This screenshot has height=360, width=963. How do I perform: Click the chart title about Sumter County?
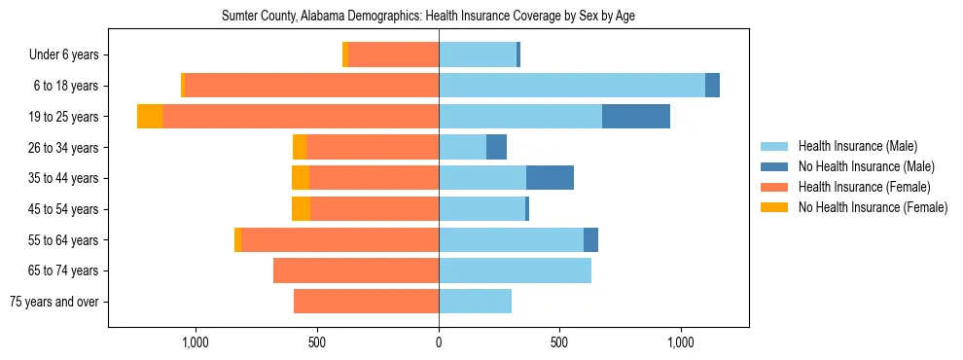pos(428,17)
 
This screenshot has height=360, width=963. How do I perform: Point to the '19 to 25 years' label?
pos(63,117)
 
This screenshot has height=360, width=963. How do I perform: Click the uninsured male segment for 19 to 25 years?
pos(635,117)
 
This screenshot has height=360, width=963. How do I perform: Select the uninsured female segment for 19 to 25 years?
pos(150,117)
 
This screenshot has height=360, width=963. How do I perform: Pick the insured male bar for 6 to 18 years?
pos(571,86)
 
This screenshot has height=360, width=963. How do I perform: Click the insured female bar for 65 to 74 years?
pos(356,270)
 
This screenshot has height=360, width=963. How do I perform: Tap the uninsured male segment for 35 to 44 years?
pos(550,178)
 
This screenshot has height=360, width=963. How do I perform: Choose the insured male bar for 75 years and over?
pos(475,302)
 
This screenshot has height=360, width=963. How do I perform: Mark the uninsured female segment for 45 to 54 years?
pos(301,209)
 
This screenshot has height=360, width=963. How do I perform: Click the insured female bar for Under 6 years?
pos(393,54)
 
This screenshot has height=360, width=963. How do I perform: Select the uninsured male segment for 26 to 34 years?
pos(496,147)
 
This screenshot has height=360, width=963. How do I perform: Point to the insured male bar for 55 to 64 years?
pos(511,239)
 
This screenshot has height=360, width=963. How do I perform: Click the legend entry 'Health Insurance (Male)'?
pos(857,146)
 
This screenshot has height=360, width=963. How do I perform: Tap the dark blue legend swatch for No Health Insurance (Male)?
pos(774,166)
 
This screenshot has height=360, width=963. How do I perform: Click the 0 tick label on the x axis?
pos(439,342)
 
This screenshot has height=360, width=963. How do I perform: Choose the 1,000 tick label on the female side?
pos(196,342)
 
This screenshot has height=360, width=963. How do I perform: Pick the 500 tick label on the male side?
pos(559,342)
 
